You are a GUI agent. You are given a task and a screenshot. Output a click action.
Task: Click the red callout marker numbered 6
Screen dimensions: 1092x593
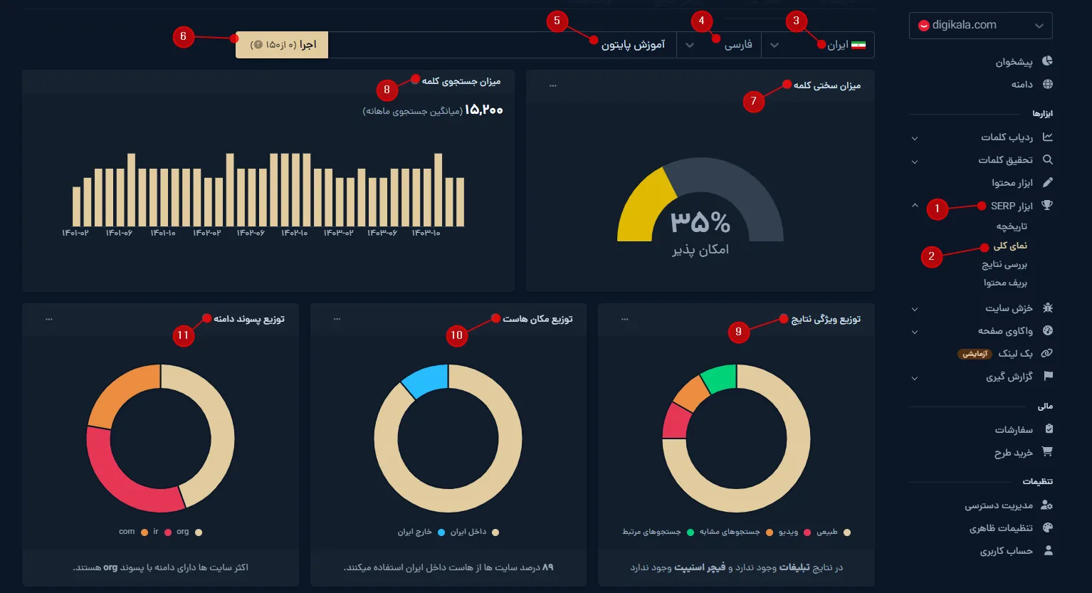point(183,36)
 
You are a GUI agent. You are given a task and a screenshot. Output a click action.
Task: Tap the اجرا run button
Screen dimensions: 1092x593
point(282,45)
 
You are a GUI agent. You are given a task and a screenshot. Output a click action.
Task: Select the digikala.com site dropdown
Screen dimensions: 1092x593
point(980,26)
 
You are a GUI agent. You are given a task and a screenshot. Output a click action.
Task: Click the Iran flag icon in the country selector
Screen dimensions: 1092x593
point(859,45)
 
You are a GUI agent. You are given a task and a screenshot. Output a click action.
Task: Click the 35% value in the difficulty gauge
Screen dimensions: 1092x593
point(700,222)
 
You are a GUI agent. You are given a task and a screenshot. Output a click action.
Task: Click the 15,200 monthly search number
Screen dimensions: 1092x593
point(483,110)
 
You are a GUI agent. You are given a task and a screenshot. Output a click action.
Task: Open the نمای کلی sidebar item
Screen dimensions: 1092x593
point(1010,246)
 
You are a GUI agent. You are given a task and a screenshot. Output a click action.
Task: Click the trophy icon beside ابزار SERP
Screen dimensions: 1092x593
point(1047,205)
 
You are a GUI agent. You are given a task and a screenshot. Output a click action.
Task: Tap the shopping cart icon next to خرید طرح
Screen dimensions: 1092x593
point(1047,451)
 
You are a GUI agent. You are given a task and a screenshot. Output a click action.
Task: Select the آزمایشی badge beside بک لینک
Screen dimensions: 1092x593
point(975,354)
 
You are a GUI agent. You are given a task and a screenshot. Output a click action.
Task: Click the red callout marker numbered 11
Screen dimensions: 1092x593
point(183,335)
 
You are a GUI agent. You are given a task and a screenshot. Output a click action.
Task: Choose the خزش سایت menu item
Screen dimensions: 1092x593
point(1009,308)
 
